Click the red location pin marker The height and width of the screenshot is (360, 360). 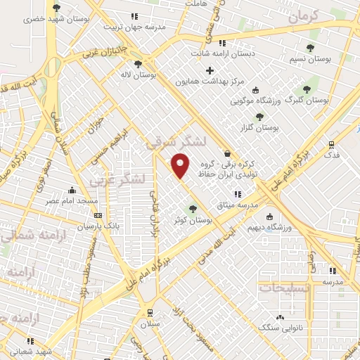[x=181, y=167]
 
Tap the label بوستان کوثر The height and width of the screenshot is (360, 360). [x=195, y=220]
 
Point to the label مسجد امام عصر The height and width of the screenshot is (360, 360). [x=73, y=201]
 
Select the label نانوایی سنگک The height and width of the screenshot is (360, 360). [x=281, y=328]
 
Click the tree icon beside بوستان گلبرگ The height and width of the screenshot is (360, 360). [x=306, y=89]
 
